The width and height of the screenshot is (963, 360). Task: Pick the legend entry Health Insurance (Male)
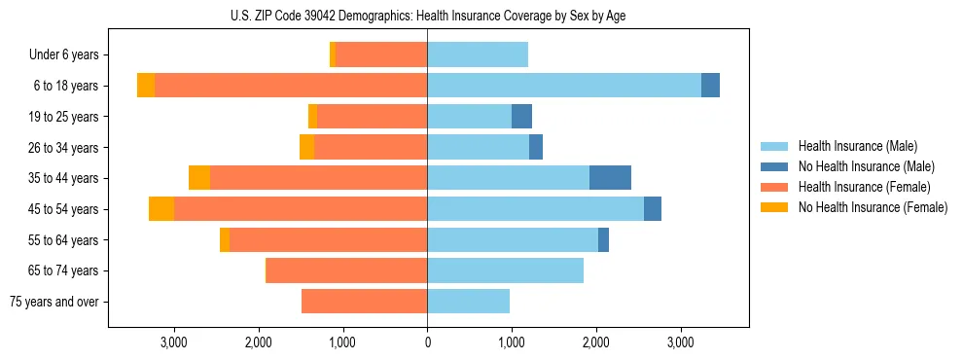857,146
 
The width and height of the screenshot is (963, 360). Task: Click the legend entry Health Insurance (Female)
863,187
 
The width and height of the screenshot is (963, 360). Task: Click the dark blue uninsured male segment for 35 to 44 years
610,178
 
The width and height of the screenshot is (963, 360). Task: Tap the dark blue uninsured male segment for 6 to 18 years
710,86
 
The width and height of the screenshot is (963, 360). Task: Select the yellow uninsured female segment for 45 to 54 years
161,209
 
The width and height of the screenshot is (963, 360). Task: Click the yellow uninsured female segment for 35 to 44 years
199,178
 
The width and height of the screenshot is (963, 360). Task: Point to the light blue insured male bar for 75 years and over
468,302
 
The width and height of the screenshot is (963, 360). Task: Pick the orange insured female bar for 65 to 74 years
346,270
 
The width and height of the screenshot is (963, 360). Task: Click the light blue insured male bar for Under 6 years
478,54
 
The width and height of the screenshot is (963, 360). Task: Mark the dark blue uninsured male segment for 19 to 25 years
521,117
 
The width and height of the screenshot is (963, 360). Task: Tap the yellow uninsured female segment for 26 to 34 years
306,147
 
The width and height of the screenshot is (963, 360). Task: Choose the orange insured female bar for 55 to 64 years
328,239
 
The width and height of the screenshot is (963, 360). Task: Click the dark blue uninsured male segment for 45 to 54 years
652,209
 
